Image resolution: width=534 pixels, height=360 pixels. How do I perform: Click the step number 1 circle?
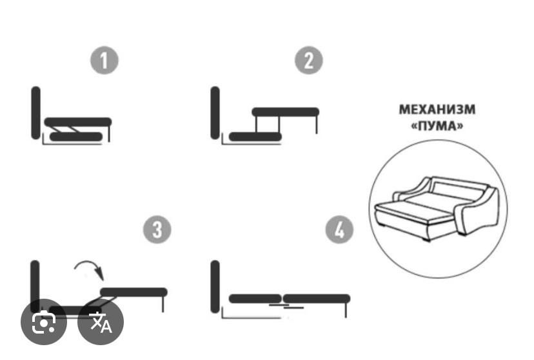click(x=104, y=60)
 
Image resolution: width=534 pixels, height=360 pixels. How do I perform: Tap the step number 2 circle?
click(x=308, y=60)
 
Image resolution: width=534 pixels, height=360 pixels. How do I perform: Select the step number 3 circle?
click(x=157, y=229)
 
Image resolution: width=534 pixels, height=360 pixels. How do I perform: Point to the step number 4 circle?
click(x=339, y=229)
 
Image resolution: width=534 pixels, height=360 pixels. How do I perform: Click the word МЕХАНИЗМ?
click(x=437, y=109)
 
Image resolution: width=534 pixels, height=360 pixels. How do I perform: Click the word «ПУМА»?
click(x=437, y=126)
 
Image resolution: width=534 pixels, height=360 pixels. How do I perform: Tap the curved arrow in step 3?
click(x=89, y=269)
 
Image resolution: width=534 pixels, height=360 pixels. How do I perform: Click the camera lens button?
click(x=44, y=321)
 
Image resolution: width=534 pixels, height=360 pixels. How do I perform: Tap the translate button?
click(x=101, y=321)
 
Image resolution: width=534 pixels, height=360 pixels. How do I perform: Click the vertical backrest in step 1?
click(x=35, y=113)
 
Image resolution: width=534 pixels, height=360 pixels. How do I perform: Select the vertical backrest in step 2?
click(x=215, y=113)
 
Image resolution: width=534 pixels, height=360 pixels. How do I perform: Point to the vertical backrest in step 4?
click(x=215, y=286)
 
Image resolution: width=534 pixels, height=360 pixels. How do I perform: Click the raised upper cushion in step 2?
click(x=286, y=112)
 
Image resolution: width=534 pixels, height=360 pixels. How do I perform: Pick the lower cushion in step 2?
click(x=255, y=137)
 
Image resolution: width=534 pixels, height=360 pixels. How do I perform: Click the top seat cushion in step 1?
click(x=78, y=122)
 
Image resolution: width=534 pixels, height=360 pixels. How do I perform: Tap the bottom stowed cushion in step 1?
click(x=76, y=137)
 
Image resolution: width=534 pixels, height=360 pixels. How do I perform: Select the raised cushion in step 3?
click(x=134, y=292)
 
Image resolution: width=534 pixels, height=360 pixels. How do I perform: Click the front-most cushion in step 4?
click(x=317, y=299)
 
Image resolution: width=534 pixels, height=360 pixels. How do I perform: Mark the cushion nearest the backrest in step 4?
click(x=255, y=299)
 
